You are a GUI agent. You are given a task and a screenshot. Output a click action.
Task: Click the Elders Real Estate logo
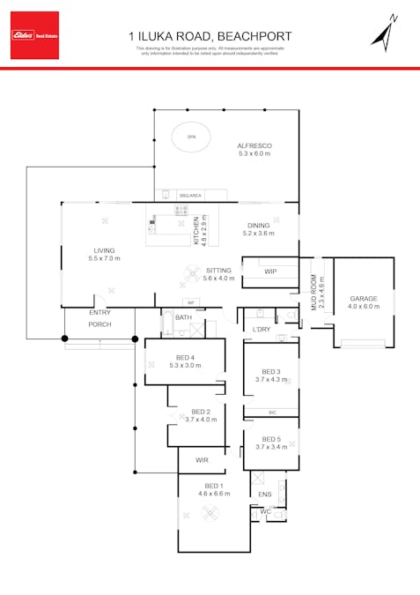point(34,35)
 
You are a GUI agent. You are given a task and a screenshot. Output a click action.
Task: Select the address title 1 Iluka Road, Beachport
point(210,36)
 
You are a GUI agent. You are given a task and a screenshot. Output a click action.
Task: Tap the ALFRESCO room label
point(254,145)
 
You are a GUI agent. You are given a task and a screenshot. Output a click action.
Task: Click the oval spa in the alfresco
point(192,136)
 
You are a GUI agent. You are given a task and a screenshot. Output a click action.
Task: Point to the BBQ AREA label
point(190,195)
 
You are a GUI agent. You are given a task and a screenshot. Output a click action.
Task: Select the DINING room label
point(258,226)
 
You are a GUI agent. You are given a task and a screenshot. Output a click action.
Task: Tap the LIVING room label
point(104,250)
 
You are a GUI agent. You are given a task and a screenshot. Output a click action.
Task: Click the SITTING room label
point(218,271)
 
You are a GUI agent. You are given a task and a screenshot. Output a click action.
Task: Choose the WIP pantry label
point(270,271)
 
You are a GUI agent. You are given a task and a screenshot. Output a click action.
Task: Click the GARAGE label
point(363,299)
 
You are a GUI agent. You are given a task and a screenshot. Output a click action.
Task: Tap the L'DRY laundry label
point(261,329)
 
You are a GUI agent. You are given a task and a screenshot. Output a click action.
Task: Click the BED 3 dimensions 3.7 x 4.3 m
point(271,379)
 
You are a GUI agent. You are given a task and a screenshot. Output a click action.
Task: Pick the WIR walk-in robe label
point(202,459)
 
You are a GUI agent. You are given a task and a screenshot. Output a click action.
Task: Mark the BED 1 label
point(214,486)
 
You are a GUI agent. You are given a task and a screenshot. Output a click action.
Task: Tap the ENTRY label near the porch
point(99,313)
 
